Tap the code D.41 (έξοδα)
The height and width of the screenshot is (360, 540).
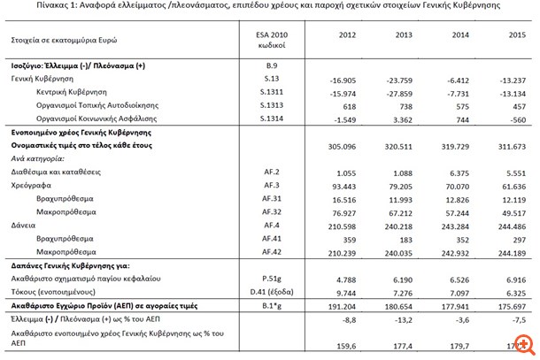point(262,291)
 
